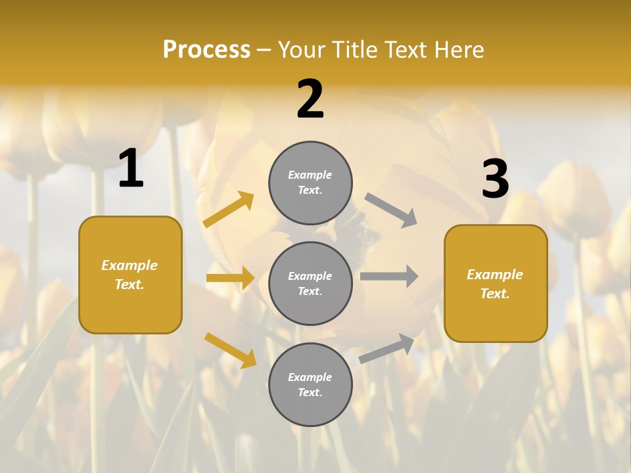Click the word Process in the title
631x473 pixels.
pyautogui.click(x=206, y=50)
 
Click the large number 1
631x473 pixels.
pyautogui.click(x=131, y=168)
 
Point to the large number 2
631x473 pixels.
pyautogui.click(x=310, y=99)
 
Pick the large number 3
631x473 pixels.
pyautogui.click(x=495, y=179)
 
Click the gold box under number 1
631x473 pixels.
pyautogui.click(x=130, y=275)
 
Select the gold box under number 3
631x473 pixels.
pyautogui.click(x=496, y=283)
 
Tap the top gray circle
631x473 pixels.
pyautogui.click(x=310, y=183)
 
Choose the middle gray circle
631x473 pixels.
pyautogui.click(x=310, y=283)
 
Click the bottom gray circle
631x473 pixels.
pyautogui.click(x=310, y=384)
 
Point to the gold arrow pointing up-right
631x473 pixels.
pyautogui.click(x=229, y=209)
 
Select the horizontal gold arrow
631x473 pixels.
pyautogui.click(x=230, y=278)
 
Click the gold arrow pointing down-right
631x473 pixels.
pyautogui.click(x=230, y=349)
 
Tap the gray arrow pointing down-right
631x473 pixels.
pyautogui.click(x=390, y=210)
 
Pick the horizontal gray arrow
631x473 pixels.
pyautogui.click(x=389, y=276)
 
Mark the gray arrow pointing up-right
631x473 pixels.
pyautogui.click(x=387, y=348)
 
